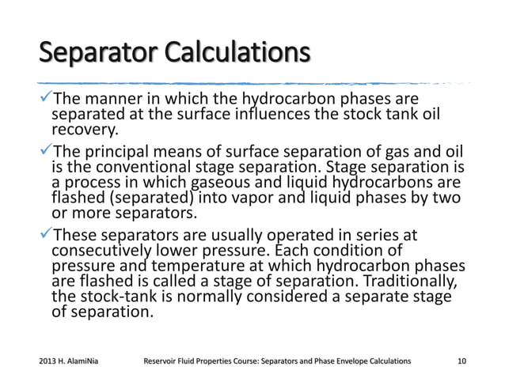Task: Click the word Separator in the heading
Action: point(95,55)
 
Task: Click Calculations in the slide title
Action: point(234,55)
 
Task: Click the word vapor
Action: point(268,198)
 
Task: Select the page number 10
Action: point(461,361)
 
